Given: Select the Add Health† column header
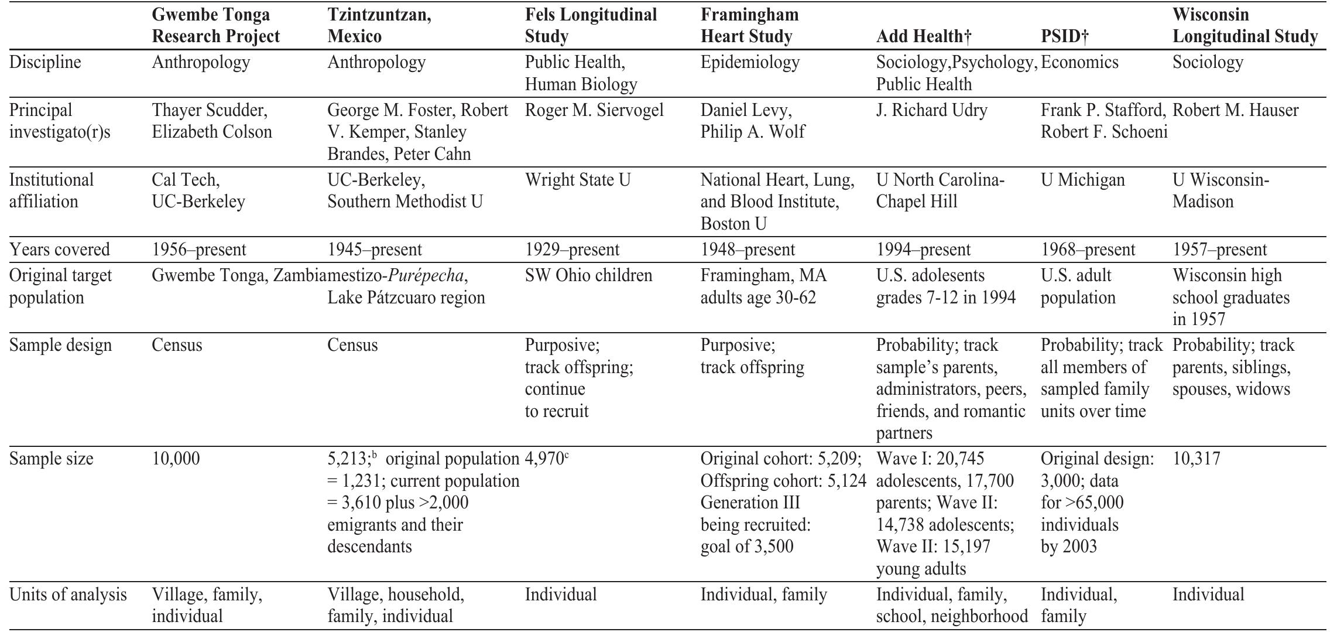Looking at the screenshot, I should click(924, 36).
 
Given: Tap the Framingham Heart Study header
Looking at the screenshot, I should click(749, 25).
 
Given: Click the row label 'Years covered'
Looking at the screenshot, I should click(60, 250).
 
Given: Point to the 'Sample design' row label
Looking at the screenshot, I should click(60, 345).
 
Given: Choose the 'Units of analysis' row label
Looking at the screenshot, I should click(68, 595).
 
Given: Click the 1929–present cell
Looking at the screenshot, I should click(572, 250).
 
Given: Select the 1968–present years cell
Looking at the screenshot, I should click(1088, 250).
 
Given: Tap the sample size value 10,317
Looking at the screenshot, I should click(1196, 459).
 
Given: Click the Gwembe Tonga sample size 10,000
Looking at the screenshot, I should click(176, 459).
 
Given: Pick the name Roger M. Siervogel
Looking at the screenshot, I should click(594, 110).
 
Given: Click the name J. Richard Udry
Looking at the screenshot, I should click(931, 110).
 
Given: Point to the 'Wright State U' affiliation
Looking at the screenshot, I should click(578, 180).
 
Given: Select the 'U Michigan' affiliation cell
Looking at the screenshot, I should click(1082, 180).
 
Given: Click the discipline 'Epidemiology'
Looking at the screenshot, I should click(750, 62).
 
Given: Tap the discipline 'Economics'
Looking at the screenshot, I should click(1079, 62).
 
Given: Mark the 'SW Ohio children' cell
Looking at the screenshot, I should click(588, 275).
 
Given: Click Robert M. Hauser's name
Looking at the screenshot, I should click(1235, 110).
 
